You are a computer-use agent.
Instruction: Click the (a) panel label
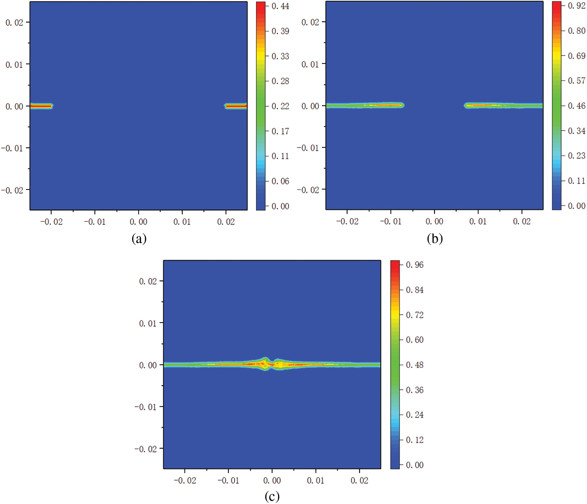139,239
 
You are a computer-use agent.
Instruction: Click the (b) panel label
435,239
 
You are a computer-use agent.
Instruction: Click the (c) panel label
272,496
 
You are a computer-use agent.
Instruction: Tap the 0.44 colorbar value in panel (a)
280,6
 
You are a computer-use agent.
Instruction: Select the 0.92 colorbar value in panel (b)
576,6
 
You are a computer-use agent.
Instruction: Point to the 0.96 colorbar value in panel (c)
414,265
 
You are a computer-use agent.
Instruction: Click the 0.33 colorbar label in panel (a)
280,56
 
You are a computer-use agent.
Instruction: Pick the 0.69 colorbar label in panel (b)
576,56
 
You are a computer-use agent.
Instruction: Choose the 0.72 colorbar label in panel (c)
414,315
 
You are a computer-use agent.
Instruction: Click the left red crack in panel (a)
41,106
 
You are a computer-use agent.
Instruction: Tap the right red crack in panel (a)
236,106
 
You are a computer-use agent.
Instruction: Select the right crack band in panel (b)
503,105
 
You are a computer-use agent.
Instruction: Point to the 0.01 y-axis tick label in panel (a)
14,65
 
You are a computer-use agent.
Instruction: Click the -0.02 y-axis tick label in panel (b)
308,190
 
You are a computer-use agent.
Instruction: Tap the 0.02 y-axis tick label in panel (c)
148,281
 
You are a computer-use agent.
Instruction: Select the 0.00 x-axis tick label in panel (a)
138,222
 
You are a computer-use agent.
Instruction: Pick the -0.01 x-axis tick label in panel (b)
390,221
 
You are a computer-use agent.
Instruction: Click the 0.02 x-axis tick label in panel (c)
359,481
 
